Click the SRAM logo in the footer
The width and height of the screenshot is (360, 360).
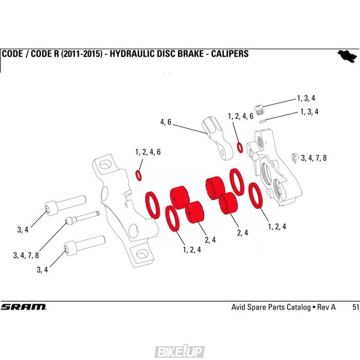[23, 307]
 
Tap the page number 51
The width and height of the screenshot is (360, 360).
[355, 307]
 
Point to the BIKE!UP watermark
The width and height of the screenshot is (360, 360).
[179, 352]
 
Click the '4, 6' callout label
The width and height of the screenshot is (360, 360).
[166, 122]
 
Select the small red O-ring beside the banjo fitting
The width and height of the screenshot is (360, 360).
[240, 148]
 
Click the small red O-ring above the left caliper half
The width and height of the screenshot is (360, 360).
[139, 175]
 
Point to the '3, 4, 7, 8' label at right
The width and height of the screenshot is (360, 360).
[314, 158]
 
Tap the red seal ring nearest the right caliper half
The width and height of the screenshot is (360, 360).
[256, 196]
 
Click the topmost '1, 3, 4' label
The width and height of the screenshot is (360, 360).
[306, 98]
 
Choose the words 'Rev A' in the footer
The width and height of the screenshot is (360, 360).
[326, 307]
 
